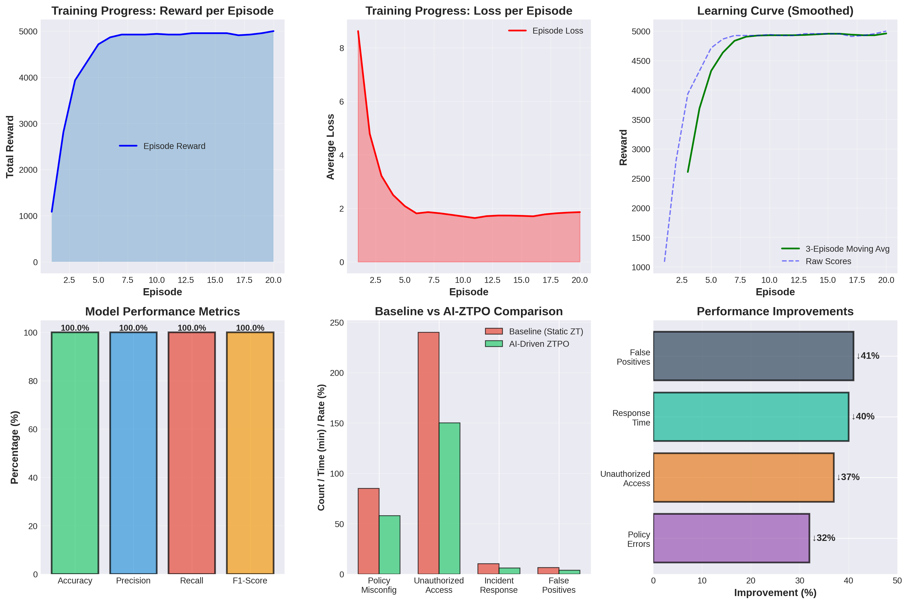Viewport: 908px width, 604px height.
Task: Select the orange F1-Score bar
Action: click(250, 453)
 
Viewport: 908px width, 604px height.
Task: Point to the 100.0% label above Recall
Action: click(192, 328)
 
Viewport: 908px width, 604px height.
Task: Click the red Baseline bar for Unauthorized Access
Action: click(428, 453)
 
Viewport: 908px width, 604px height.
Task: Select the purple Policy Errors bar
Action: click(731, 538)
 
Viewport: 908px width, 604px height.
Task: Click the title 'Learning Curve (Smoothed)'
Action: click(775, 11)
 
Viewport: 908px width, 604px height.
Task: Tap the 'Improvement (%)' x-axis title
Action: click(775, 592)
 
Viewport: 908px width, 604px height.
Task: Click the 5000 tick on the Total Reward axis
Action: click(28, 32)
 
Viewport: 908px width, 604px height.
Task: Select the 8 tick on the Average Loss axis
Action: click(341, 48)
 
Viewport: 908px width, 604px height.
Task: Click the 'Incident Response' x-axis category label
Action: click(499, 585)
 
